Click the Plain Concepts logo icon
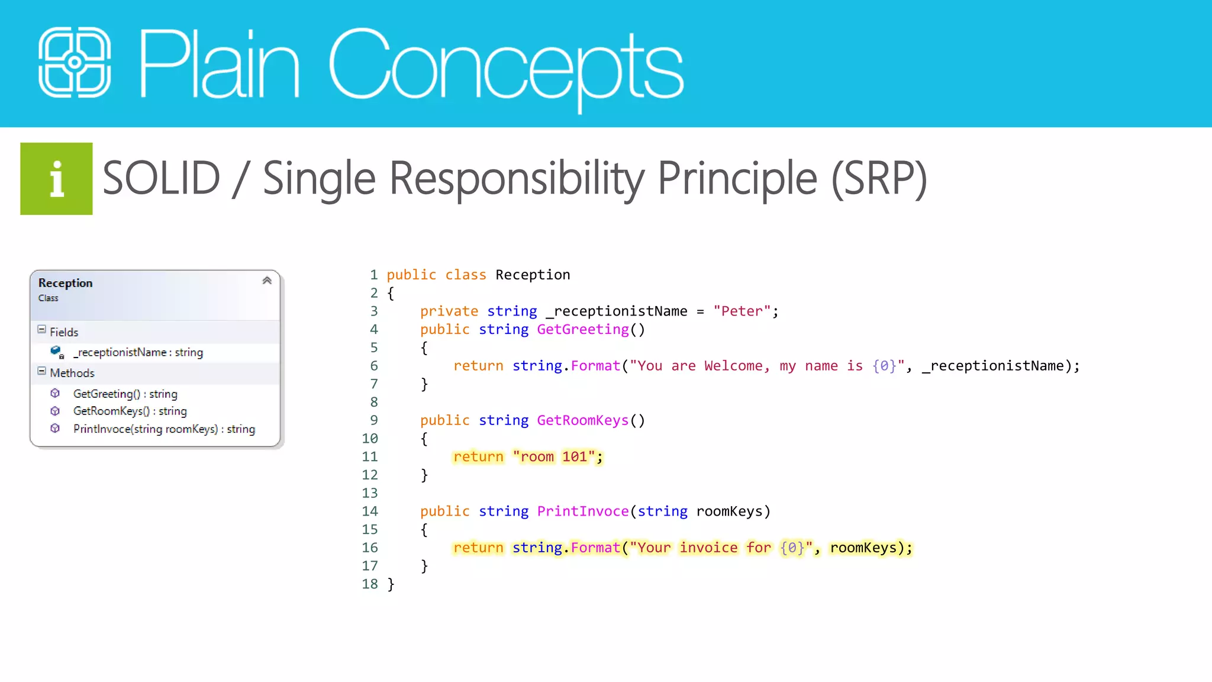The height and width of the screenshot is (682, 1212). pos(75,62)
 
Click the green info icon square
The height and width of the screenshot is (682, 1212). pos(56,179)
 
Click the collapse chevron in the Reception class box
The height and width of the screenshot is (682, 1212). pos(267,281)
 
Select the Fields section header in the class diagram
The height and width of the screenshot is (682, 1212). pos(64,332)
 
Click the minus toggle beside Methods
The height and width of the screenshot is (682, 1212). pos(41,371)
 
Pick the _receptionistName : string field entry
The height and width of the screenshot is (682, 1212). pos(138,352)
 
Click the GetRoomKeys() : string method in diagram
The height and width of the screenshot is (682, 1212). pos(130,411)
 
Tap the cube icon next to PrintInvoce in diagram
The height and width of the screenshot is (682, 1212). pos(55,428)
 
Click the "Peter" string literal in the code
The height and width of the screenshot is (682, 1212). pos(742,311)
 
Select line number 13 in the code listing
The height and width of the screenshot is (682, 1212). pos(370,493)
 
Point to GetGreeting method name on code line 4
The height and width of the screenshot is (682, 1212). pos(582,330)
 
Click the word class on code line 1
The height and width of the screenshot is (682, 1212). pos(465,275)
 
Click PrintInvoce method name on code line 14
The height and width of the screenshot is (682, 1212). pos(582,511)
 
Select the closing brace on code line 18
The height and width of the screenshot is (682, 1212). pos(391,584)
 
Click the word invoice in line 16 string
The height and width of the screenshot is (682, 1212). pos(708,548)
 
